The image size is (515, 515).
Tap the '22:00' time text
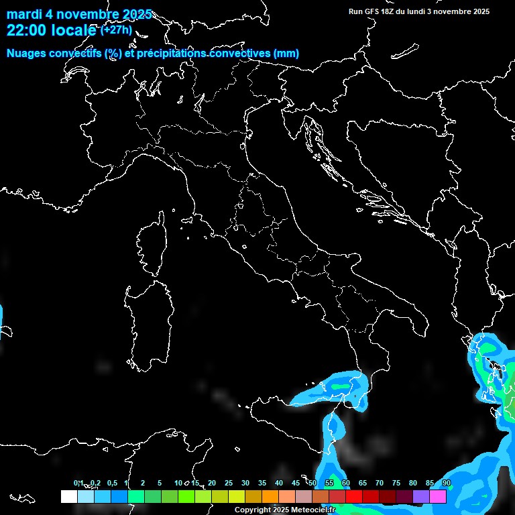point(26,30)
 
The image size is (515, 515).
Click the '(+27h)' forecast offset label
point(117,30)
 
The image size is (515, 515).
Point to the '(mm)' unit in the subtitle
point(286,54)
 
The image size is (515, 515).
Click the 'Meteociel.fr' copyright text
point(312,510)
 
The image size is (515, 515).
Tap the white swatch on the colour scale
point(68,496)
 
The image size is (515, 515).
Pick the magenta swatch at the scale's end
point(438,496)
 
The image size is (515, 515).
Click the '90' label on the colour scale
point(446,483)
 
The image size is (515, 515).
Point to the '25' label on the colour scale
point(228,483)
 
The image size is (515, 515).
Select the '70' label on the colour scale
point(379,483)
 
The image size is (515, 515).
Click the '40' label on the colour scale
point(278,483)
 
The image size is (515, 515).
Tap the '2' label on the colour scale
point(143,483)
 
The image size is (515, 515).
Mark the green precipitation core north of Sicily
point(341,387)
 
